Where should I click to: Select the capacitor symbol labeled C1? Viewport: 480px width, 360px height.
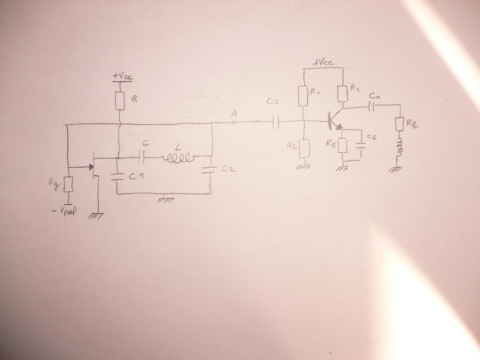click(117, 177)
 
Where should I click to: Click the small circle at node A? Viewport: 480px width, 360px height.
click(234, 122)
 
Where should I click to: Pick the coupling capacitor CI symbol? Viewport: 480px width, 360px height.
click(277, 122)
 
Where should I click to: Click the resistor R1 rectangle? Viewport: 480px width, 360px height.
click(303, 96)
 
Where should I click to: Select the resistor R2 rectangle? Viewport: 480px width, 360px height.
click(304, 148)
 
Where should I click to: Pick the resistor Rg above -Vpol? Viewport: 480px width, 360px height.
click(67, 184)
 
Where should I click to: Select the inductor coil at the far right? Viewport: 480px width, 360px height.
click(399, 147)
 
